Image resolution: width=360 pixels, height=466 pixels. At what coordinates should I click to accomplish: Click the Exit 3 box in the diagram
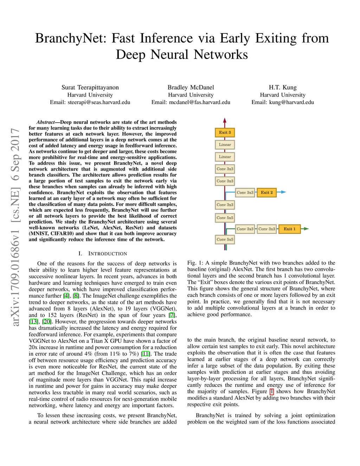click(225, 133)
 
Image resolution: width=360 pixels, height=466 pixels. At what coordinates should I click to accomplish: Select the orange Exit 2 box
click(266, 193)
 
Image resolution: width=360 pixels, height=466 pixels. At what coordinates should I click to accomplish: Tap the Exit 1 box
click(289, 229)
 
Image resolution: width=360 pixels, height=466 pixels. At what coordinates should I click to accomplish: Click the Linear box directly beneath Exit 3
click(225, 145)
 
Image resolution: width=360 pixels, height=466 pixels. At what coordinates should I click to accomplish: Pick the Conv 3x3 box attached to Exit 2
click(245, 193)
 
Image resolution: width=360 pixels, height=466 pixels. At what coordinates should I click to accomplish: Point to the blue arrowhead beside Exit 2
click(284, 192)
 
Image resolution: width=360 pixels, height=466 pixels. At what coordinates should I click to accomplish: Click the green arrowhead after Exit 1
click(306, 229)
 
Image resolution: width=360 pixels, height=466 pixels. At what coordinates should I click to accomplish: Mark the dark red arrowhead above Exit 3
click(225, 120)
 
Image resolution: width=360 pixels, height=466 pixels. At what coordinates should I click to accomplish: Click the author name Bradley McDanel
click(191, 87)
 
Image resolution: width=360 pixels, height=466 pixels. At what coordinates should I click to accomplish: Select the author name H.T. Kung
click(283, 87)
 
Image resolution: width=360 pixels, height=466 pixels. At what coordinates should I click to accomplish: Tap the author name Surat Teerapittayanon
click(90, 87)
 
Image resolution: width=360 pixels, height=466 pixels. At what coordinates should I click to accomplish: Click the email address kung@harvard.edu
click(291, 102)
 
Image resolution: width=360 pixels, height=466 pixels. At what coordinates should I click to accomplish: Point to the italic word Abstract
click(46, 122)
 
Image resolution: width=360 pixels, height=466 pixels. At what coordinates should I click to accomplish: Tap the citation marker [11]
click(145, 354)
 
